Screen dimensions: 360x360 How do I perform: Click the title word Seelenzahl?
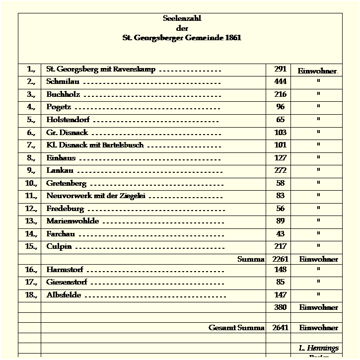[182, 18]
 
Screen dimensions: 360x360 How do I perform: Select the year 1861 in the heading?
[232, 38]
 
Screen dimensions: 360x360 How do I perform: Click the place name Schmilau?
[63, 81]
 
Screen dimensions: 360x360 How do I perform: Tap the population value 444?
[280, 81]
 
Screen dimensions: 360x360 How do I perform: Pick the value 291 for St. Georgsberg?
[280, 69]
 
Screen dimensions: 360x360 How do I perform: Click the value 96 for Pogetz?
[280, 107]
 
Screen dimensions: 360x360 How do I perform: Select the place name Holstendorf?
[68, 120]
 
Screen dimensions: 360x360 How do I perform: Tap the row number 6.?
[31, 133]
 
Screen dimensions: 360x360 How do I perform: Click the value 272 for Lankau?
[280, 170]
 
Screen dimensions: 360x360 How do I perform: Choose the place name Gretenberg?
[66, 183]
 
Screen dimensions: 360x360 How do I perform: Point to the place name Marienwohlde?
[72, 221]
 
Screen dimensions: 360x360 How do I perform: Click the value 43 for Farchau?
[280, 234]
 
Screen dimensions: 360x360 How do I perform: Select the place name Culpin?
[59, 246]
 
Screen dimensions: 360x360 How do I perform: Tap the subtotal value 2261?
[280, 259]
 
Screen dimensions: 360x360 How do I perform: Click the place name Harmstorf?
[65, 270]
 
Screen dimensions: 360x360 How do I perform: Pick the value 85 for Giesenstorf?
[280, 283]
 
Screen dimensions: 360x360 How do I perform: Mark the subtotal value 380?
[280, 307]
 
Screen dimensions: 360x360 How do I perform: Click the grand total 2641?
[280, 328]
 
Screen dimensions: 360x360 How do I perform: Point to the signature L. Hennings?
[318, 348]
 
